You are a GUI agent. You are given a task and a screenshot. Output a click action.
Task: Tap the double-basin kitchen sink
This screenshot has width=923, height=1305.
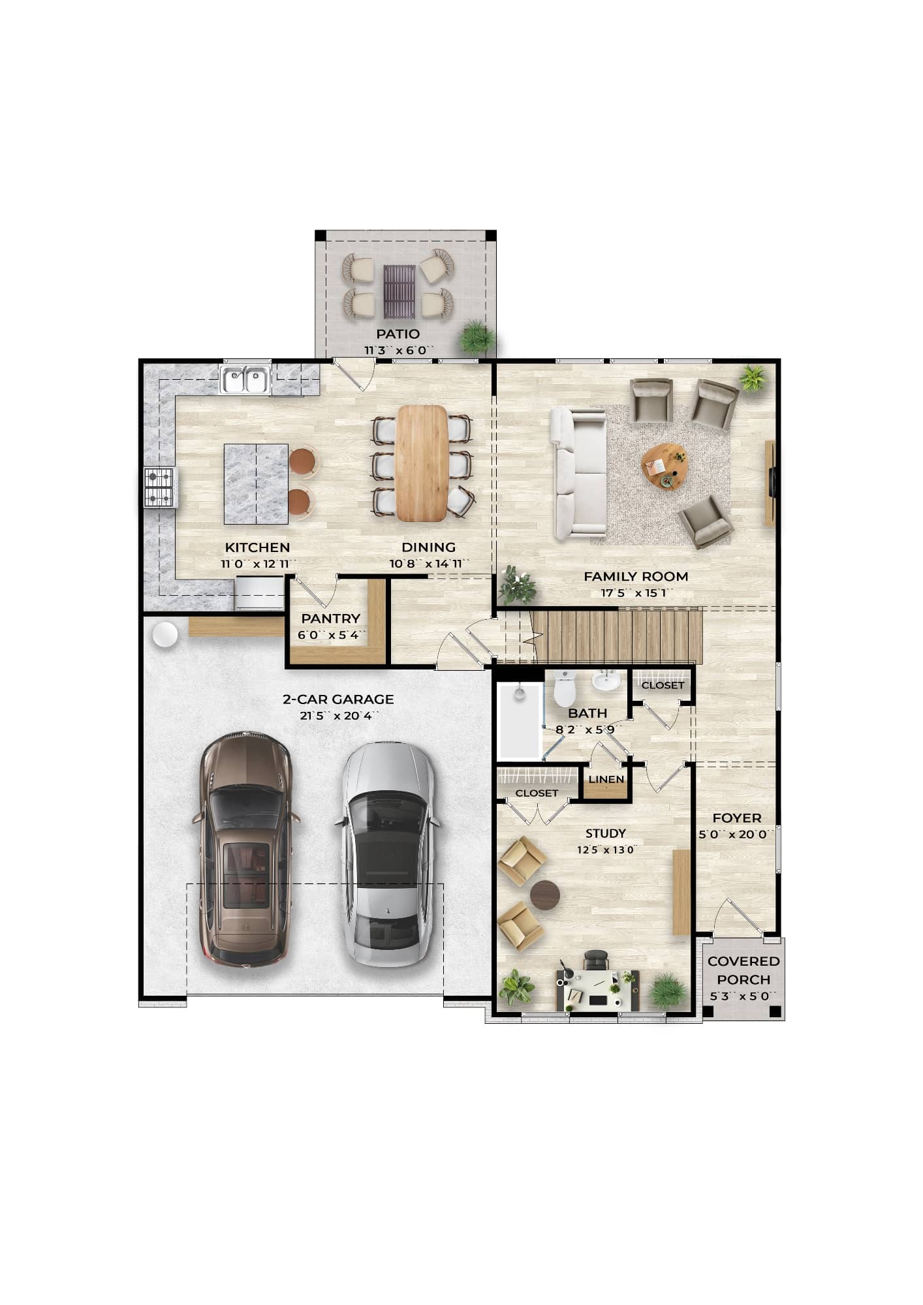pos(245,380)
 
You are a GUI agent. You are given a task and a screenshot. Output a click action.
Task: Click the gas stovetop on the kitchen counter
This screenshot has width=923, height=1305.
pos(160,487)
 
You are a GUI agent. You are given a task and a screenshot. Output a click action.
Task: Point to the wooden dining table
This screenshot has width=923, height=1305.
pos(422,463)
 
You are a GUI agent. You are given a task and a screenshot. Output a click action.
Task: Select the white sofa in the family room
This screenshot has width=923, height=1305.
pos(579,473)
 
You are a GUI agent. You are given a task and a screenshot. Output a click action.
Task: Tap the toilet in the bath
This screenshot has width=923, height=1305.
pos(564,689)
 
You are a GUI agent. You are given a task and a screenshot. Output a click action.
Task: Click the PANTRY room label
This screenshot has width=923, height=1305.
pos(330,618)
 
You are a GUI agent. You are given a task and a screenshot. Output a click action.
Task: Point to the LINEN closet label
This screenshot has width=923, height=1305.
pos(606,779)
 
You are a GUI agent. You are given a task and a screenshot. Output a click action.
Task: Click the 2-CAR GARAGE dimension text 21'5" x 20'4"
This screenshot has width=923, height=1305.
pos(338,716)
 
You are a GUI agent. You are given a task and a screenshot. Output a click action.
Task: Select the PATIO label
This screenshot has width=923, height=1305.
pos(398,334)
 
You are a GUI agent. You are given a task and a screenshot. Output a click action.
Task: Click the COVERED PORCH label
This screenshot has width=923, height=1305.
pos(743,970)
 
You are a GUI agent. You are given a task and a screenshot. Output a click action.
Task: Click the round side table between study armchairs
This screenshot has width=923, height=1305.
pos(544,895)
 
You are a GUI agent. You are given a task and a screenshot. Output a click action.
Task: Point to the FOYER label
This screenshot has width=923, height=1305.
pos(736,818)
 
